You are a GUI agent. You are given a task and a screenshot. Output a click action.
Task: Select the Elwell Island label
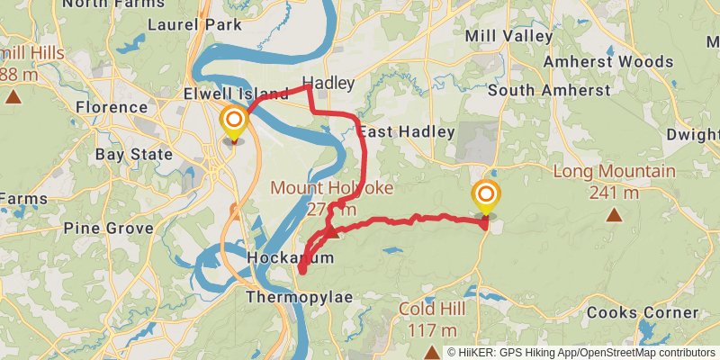[236, 93]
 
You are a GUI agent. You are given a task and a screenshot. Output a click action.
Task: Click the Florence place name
[111, 107]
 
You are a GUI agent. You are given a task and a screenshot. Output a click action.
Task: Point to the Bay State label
[133, 154]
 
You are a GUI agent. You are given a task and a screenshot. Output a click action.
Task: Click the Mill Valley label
[508, 36]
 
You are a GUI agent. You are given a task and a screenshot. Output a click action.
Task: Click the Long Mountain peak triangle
[614, 214]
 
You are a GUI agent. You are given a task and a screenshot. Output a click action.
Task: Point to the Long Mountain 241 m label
[614, 181]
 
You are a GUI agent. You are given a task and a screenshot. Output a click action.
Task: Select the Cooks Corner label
[643, 312]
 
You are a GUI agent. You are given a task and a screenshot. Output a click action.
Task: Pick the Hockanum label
[290, 258]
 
